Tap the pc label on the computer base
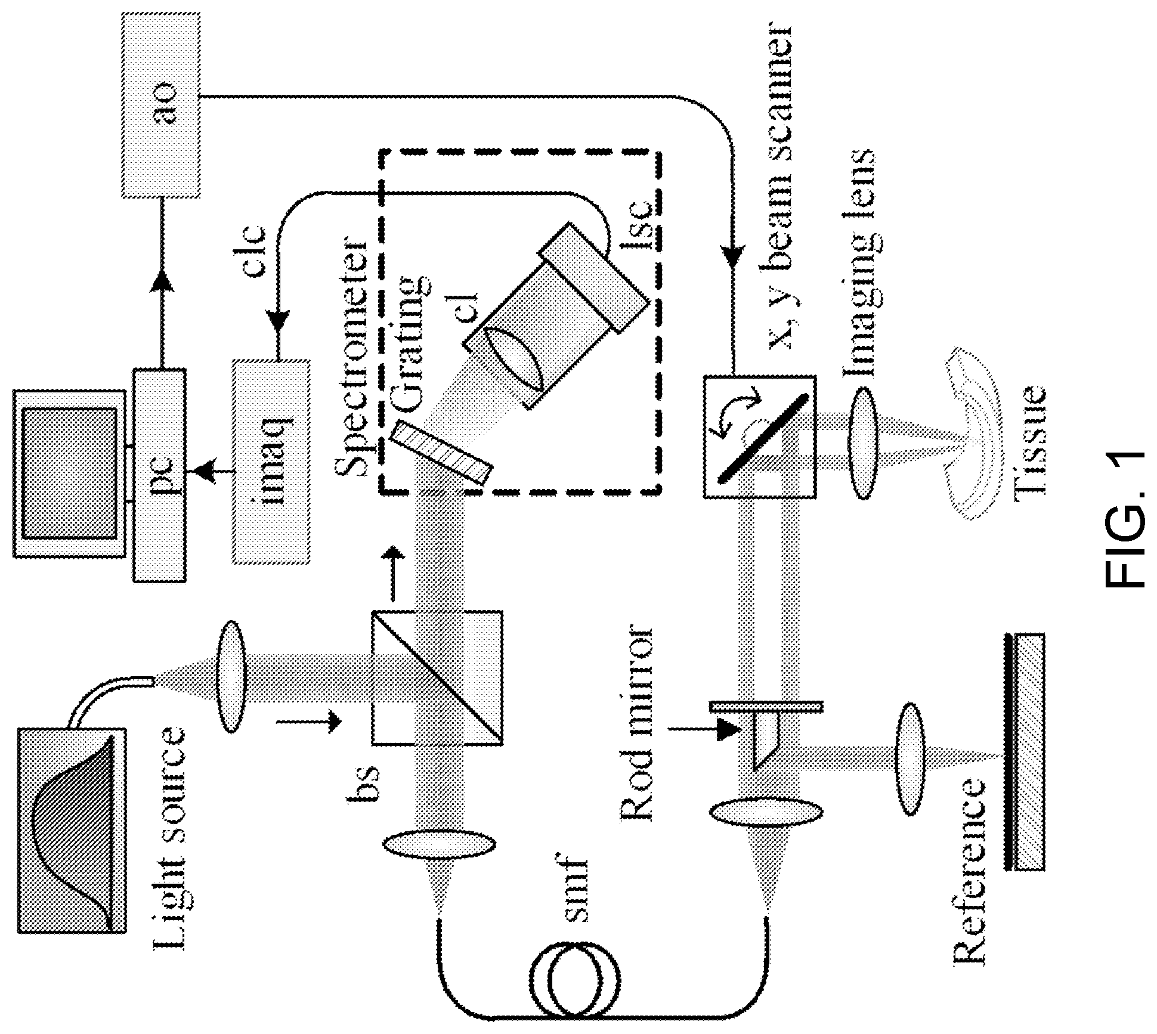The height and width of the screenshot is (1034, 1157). [160, 474]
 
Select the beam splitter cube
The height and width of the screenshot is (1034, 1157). [437, 678]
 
